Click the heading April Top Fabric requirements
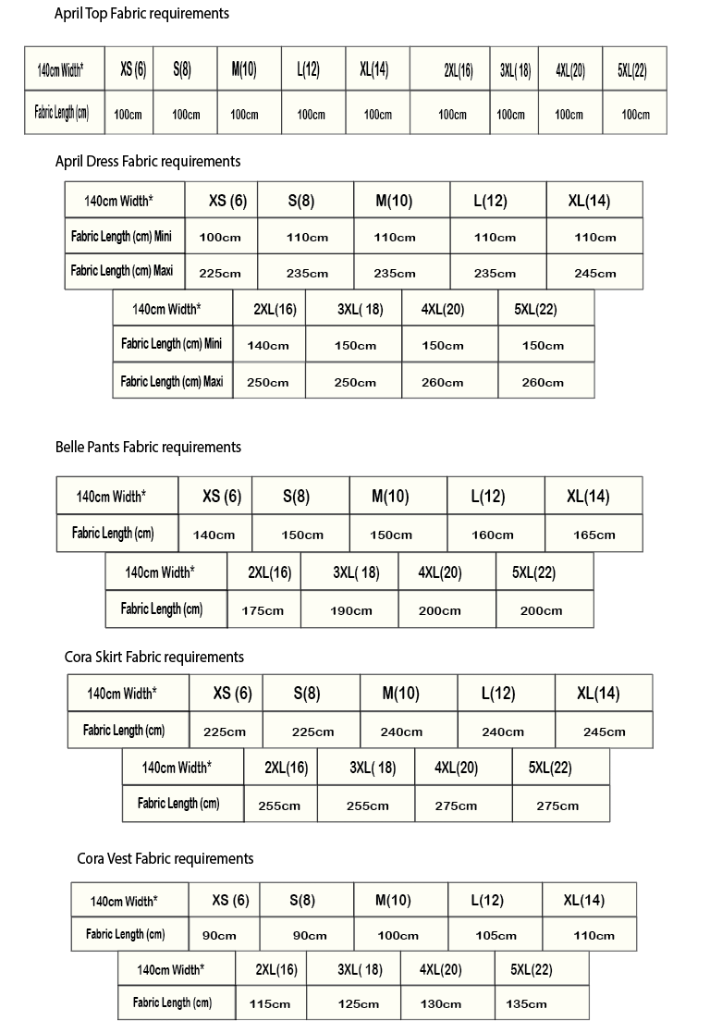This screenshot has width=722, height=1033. click(141, 14)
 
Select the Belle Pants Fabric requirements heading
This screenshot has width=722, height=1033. click(148, 448)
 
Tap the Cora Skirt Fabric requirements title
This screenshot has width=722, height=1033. click(154, 658)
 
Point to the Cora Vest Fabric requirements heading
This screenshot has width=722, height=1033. click(165, 859)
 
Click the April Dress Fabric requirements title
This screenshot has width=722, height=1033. click(148, 162)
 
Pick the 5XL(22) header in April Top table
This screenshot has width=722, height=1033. click(635, 70)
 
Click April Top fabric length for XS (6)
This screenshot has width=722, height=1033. click(128, 115)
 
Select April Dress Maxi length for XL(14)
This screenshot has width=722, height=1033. click(594, 274)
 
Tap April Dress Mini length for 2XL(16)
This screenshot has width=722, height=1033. click(268, 346)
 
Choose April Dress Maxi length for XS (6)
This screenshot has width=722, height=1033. click(220, 274)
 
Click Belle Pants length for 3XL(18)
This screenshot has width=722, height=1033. click(351, 610)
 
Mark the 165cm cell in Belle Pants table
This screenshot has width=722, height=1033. click(594, 535)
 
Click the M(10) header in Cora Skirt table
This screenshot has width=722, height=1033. click(401, 694)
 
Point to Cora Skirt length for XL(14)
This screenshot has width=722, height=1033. click(605, 732)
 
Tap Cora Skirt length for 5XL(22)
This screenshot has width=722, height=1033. click(557, 805)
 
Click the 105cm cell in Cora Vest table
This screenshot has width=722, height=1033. click(496, 935)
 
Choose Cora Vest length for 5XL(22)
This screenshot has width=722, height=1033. click(526, 1004)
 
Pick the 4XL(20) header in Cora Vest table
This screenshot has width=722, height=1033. click(441, 970)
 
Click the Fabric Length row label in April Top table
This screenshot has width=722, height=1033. click(62, 114)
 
